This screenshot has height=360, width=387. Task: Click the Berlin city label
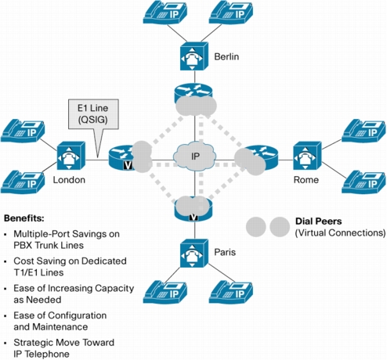pyautogui.click(x=226, y=56)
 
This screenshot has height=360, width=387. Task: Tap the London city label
pyautogui.click(x=69, y=180)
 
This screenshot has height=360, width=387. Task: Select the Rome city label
pyautogui.click(x=306, y=180)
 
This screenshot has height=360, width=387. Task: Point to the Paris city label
pyautogui.click(x=225, y=252)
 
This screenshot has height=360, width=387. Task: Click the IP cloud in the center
pyautogui.click(x=195, y=156)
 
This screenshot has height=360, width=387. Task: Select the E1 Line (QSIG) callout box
pyautogui.click(x=93, y=114)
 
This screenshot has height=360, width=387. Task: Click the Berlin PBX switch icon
pyautogui.click(x=194, y=56)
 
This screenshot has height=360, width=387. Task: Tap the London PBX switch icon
pyautogui.click(x=71, y=156)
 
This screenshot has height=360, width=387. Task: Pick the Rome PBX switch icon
pyautogui.click(x=307, y=156)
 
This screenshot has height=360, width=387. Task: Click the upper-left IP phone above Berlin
pyautogui.click(x=165, y=13)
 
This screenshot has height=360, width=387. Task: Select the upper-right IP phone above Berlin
pyautogui.click(x=231, y=13)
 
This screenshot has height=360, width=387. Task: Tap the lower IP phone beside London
pyautogui.click(x=23, y=182)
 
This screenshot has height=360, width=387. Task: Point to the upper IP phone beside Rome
pyautogui.click(x=363, y=131)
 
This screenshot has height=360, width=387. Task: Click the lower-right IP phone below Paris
pyautogui.click(x=231, y=292)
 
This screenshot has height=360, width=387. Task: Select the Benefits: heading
pyautogui.click(x=24, y=218)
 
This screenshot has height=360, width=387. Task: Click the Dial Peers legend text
pyautogui.click(x=318, y=221)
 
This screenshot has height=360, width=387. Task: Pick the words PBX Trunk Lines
pyautogui.click(x=49, y=246)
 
